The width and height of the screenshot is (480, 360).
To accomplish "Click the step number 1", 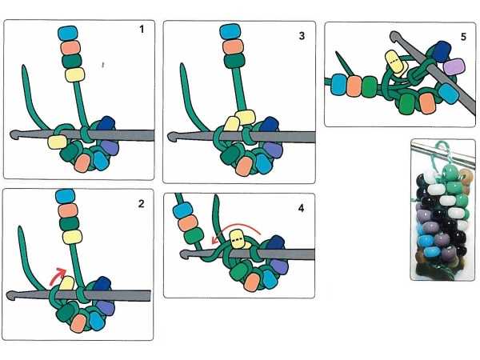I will (141, 30).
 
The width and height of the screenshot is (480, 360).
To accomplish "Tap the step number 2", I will (141, 203).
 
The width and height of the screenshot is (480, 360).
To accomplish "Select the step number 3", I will (300, 36).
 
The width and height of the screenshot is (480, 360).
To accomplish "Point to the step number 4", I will (301, 208).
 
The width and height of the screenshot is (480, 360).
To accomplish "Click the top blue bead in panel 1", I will (68, 33).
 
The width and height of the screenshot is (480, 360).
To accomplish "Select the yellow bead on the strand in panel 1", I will (72, 74).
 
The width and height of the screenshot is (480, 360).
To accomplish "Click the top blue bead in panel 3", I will (230, 33).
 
